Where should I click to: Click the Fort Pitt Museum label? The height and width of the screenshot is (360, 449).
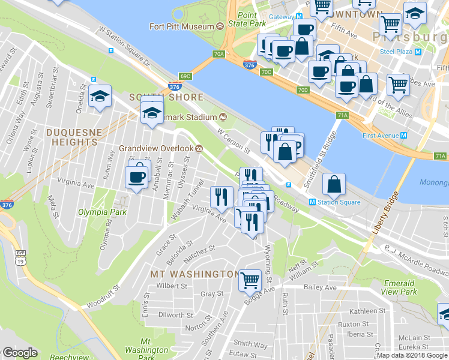(x=182, y=26)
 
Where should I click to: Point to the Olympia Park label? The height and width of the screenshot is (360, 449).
(x=98, y=211)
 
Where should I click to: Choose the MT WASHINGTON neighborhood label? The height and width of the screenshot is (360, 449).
(x=194, y=274)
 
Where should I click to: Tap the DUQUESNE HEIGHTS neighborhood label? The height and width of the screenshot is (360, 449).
(x=71, y=136)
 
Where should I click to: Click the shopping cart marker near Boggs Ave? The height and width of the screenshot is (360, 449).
(x=250, y=280)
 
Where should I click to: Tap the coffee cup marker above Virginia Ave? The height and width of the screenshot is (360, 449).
(x=136, y=177)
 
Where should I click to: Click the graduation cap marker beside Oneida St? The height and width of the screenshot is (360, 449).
(x=100, y=97)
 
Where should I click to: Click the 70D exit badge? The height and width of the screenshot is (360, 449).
(x=303, y=91)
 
